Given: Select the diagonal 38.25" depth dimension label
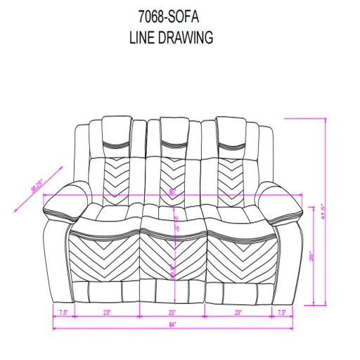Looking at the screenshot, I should pyautogui.click(x=33, y=184).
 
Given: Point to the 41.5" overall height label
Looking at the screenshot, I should pyautogui.click(x=322, y=210).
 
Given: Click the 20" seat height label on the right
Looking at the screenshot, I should pyautogui.click(x=310, y=257).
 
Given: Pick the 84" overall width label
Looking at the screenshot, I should pyautogui.click(x=172, y=324).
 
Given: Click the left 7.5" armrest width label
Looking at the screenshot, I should pyautogui.click(x=63, y=311).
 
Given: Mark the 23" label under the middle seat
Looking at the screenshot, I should pyautogui.click(x=172, y=311).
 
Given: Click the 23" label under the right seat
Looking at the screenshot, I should pyautogui.click(x=239, y=311).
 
